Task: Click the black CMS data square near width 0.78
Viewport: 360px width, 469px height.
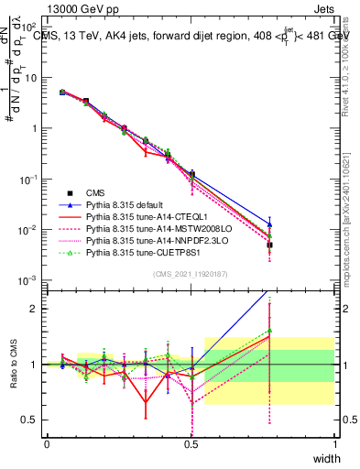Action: click(270, 245)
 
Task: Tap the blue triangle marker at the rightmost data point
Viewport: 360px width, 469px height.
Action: click(270, 224)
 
